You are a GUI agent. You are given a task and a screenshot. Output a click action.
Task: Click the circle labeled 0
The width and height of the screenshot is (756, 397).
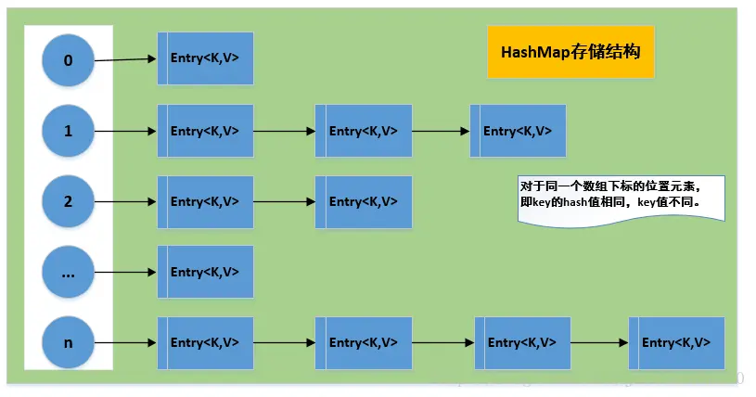tap(68, 61)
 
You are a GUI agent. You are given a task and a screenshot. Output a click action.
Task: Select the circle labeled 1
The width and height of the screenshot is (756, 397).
tap(68, 131)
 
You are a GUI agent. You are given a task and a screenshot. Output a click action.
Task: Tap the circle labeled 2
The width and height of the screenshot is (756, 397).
tap(68, 201)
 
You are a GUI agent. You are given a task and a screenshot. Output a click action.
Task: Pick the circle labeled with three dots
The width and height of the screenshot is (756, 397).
tap(68, 272)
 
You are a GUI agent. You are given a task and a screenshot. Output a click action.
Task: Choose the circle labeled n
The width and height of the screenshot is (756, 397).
tap(68, 342)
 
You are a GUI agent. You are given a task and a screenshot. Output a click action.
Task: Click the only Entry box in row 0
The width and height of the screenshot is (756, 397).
tap(205, 58)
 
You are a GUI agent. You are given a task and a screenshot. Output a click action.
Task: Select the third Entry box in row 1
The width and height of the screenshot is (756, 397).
tap(518, 131)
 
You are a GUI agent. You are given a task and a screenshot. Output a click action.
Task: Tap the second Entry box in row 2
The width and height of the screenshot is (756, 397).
tap(364, 201)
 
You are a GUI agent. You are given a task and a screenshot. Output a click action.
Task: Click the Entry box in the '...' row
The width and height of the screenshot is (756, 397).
tap(205, 272)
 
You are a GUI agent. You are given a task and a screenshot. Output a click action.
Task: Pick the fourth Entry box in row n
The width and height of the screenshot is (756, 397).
tap(676, 342)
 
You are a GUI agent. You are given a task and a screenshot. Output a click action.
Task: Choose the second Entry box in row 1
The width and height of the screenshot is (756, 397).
tap(364, 131)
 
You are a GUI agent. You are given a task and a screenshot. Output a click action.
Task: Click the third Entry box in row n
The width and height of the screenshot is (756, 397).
tap(522, 342)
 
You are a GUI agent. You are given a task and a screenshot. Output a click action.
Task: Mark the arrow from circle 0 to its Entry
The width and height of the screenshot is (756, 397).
tap(125, 60)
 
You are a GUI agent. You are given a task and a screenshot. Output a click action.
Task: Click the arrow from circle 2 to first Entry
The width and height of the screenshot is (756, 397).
tap(125, 201)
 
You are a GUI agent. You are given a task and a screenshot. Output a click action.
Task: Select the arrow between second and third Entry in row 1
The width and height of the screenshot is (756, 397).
tap(441, 131)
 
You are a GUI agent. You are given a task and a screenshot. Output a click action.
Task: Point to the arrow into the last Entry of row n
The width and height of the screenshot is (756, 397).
tap(598, 342)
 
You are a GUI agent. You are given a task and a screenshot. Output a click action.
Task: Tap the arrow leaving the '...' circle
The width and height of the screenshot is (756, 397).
tap(125, 272)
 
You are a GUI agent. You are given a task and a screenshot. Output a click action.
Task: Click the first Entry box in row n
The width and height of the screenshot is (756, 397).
tap(205, 342)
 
